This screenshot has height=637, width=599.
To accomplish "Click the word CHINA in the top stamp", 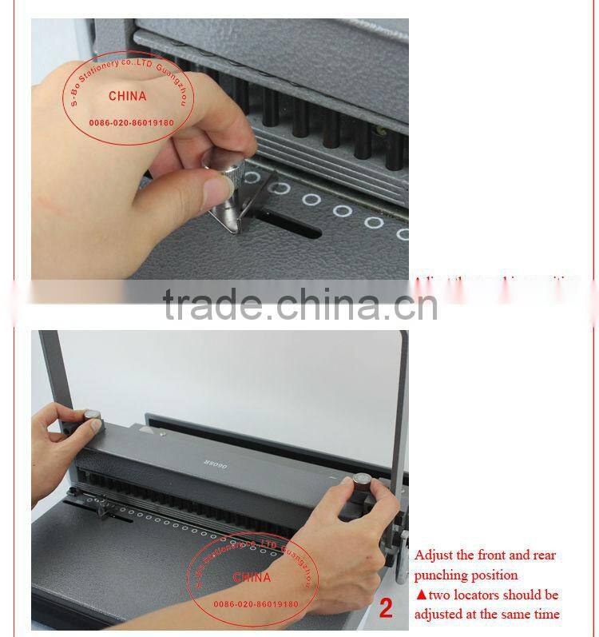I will pos(128,96).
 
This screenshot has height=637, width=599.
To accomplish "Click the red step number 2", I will pos(387,611).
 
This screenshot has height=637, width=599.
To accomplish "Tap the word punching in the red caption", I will pos(443,575).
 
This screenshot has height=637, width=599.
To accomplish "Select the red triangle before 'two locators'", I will pos(421,595).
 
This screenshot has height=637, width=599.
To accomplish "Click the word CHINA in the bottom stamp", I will pos(252,577).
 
